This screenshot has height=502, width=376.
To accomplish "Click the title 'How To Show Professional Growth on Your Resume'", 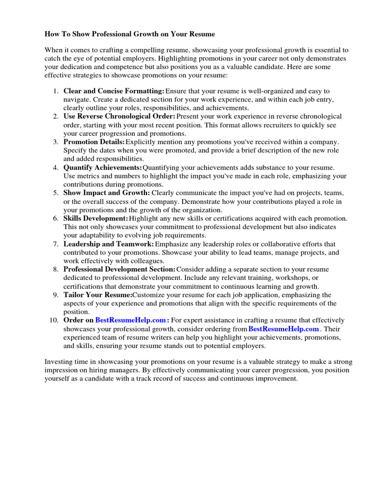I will point(130,34).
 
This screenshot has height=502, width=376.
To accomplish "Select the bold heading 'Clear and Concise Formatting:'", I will point(114,91).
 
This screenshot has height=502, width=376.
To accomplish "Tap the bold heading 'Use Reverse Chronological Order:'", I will point(119,117).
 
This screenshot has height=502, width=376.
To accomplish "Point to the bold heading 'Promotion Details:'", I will point(94,142).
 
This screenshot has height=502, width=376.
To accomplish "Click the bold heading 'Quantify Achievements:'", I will point(102,168).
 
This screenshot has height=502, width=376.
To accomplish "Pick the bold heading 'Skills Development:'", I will point(96,219).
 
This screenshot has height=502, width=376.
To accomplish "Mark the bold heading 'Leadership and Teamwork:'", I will point(109,244).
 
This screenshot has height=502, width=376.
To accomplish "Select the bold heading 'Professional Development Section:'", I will point(119,270).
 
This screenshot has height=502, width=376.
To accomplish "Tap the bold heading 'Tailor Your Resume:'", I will point(98,295).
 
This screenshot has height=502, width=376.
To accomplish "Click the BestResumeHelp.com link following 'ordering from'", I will point(284,329).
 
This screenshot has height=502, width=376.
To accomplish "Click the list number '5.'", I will point(55,193).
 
